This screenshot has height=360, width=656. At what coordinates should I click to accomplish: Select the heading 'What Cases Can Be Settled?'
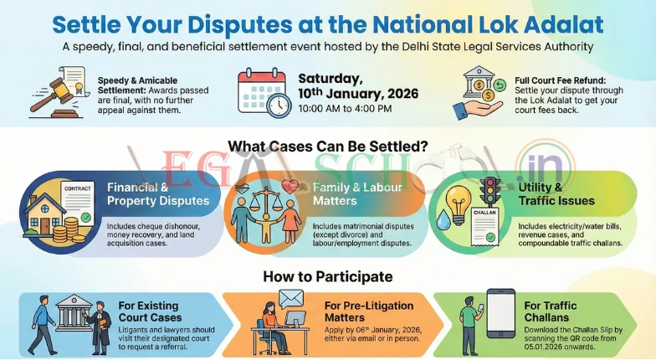click(x=328, y=143)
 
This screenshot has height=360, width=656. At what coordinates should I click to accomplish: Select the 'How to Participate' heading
click(x=328, y=275)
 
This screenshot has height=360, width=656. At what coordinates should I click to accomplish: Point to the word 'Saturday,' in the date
click(x=330, y=78)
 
